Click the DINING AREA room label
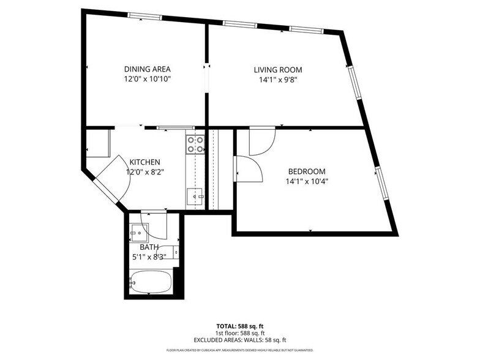[x=147, y=69]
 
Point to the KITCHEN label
[x=144, y=162]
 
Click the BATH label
[x=149, y=247]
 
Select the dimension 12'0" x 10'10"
[x=147, y=79]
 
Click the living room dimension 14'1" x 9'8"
[x=277, y=80]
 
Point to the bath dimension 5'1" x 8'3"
[x=148, y=257]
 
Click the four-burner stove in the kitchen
[x=195, y=144]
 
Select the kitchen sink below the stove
[x=195, y=197]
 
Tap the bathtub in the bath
[x=149, y=283]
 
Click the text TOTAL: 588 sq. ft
[x=240, y=326]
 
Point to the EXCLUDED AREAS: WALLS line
[x=240, y=339]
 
